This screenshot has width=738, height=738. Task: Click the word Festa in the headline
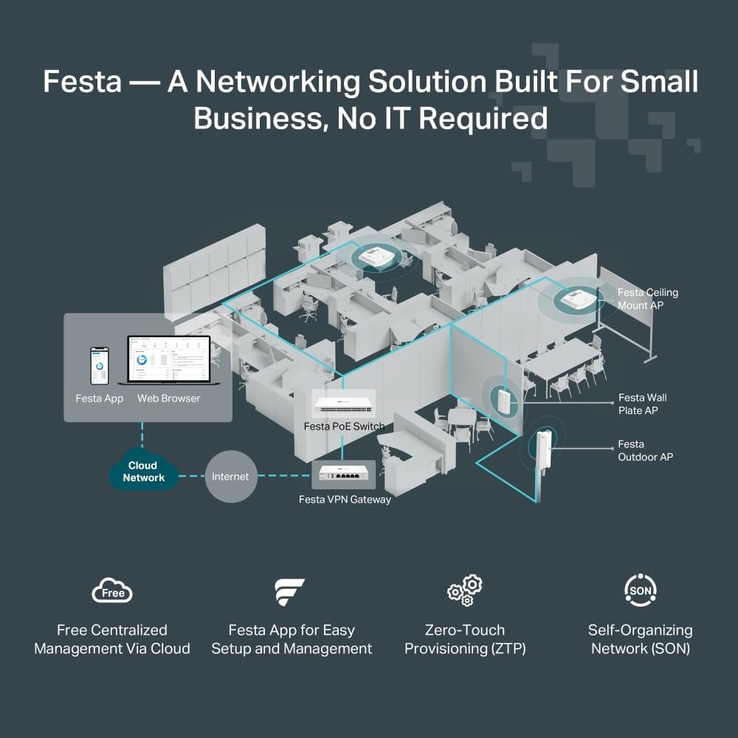[x=82, y=81]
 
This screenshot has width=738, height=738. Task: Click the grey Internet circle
[x=230, y=477]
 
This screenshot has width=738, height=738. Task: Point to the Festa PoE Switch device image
[x=344, y=405]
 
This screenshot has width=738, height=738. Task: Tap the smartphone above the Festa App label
[x=99, y=365]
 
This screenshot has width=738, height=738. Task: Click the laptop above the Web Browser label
[x=168, y=360]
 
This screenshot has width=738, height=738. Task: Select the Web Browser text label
[x=168, y=399]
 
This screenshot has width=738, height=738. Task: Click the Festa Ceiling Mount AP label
[x=647, y=299]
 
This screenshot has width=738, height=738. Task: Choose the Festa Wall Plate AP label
[x=642, y=404]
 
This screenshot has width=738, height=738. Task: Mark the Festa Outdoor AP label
[x=645, y=450]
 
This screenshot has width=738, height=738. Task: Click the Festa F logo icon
[x=289, y=592]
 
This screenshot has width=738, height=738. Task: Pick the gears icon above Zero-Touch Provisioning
[x=465, y=590]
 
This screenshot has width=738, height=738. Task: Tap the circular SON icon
[x=640, y=590]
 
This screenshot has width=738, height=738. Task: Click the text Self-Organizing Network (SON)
[x=640, y=639]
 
